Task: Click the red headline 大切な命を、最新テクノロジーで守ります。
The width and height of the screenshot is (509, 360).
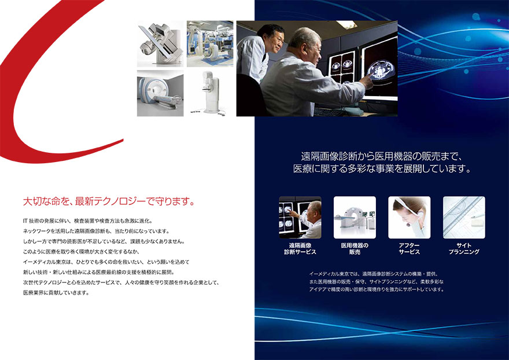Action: point(109,201)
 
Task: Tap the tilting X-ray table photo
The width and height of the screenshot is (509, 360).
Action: point(160,44)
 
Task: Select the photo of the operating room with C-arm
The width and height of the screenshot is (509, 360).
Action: point(210,44)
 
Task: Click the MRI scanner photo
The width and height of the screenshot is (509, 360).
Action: point(160,93)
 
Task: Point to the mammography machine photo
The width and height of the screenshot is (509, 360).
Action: point(210,93)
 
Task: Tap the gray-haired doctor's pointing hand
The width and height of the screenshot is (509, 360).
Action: point(367,80)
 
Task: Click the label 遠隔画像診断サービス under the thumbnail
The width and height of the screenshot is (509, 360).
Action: point(300,248)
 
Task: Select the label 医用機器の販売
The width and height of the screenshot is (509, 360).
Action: point(355,248)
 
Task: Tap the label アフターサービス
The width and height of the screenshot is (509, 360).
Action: point(410,248)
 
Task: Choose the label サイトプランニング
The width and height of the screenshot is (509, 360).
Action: point(464,248)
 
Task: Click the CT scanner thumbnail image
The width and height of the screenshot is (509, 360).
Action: point(355,218)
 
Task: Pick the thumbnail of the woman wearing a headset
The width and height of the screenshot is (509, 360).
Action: point(410,218)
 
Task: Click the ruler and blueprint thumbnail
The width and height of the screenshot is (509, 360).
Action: point(464,218)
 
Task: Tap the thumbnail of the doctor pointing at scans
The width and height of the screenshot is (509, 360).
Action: point(300,218)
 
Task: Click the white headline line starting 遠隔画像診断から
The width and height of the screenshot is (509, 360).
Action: point(381,157)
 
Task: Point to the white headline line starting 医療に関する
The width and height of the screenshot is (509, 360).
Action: point(382,169)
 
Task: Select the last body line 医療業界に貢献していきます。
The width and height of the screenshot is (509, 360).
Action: point(56,293)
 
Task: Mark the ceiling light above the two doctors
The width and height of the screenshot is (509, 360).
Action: point(346,24)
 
